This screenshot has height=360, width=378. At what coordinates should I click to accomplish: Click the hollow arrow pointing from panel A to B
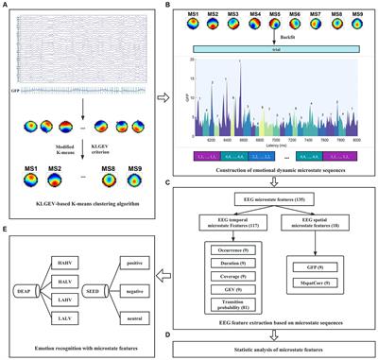(x=162, y=94)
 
